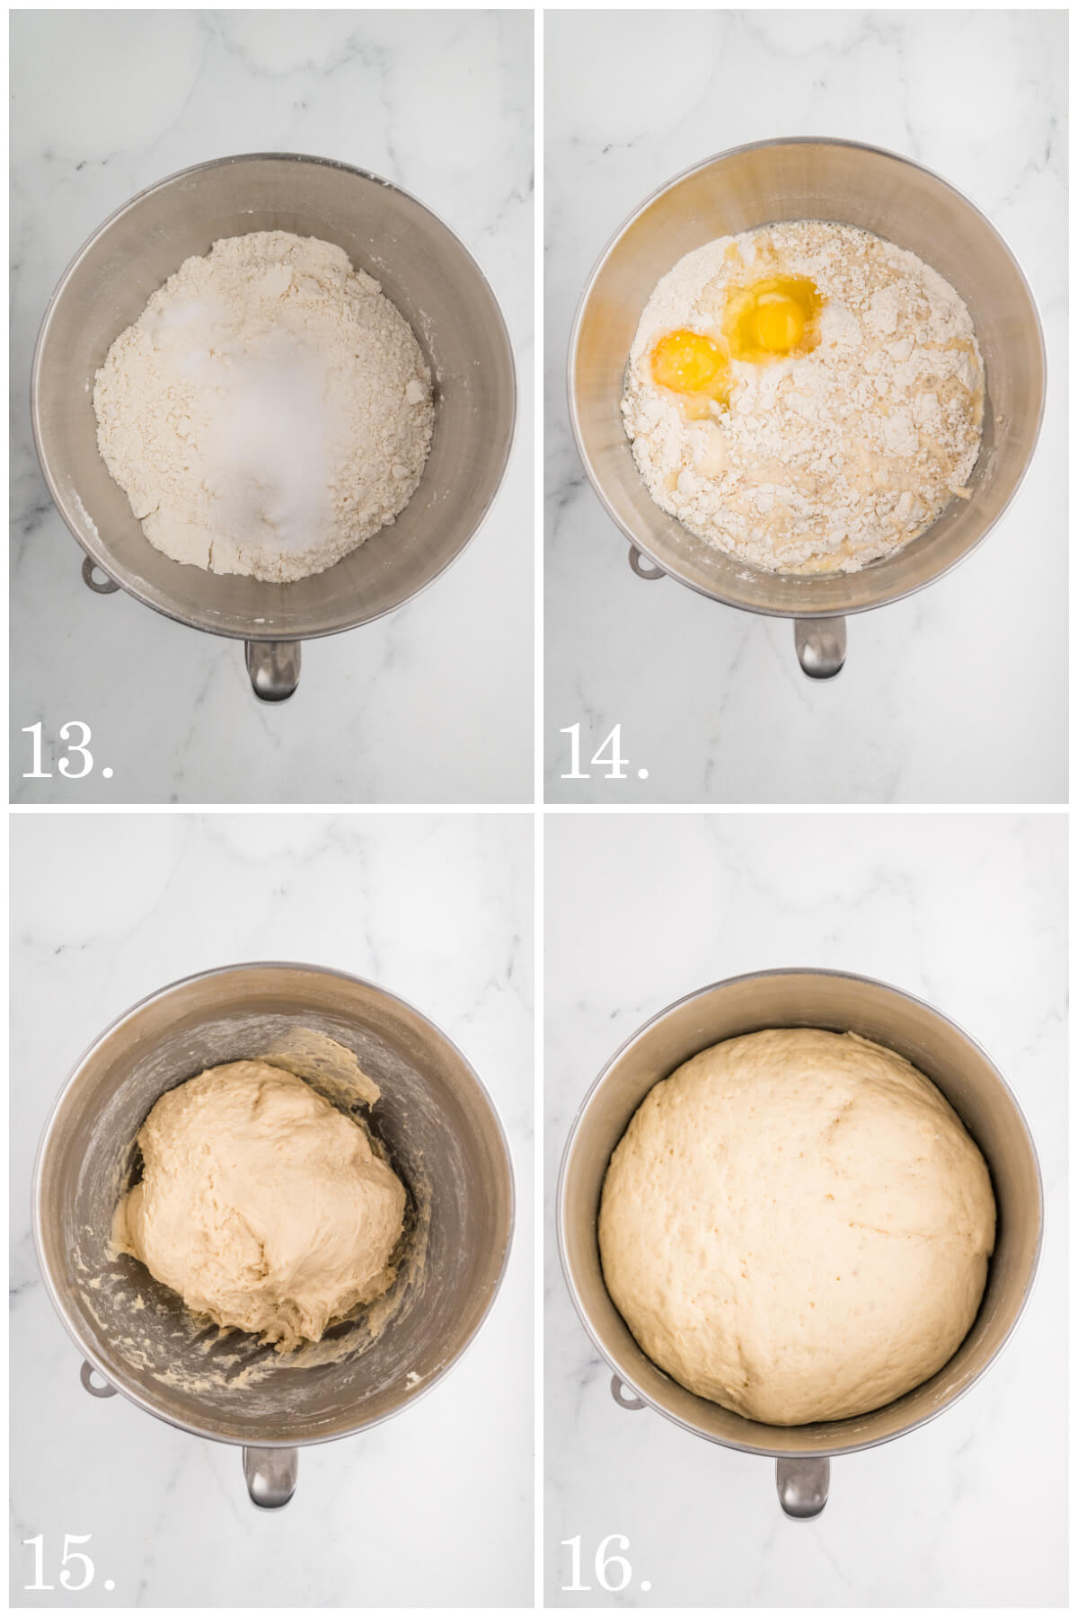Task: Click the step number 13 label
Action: tap(67, 751)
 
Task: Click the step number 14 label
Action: tap(605, 751)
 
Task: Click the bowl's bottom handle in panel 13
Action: tap(272, 669)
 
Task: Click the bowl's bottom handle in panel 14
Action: tap(818, 646)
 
